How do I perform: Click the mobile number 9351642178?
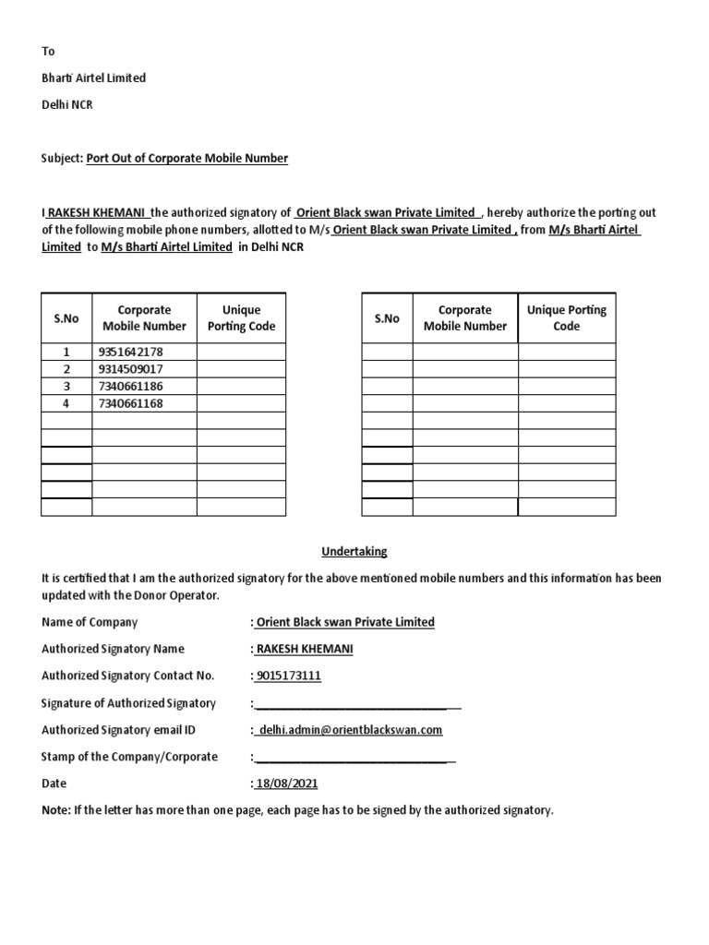coord(130,352)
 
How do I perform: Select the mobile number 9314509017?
coord(130,369)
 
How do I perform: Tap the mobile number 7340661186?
coord(130,386)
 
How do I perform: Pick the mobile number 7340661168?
coord(130,403)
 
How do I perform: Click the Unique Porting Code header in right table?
coord(566,317)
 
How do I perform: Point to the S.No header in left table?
coord(66,318)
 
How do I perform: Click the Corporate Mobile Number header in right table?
coord(464,317)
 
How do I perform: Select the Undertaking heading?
coord(354,552)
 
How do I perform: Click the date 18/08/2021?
coord(286,784)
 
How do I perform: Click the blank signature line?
coord(355,705)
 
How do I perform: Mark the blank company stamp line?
coord(353,759)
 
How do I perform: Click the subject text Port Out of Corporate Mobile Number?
coord(186,158)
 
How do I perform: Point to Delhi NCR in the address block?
coord(66,105)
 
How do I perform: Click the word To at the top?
coord(48,52)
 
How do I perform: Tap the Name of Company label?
coord(90,622)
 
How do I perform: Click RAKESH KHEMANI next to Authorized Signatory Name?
coord(304,649)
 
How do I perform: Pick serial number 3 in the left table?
coord(66,386)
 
